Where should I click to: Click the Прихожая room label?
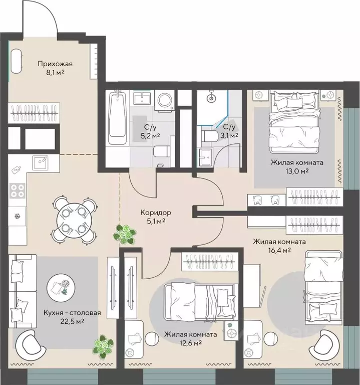55,64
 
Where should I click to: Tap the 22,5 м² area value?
72,321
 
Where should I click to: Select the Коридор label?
156,213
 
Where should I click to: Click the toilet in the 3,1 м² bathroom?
209,136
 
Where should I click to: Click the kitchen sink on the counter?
41,162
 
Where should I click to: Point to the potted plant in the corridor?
125,234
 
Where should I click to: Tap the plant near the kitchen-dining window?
103,345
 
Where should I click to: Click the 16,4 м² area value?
279,250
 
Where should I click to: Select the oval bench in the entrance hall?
17,61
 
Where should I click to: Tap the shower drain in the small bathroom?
211,98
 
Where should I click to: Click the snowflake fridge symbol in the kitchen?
18,217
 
